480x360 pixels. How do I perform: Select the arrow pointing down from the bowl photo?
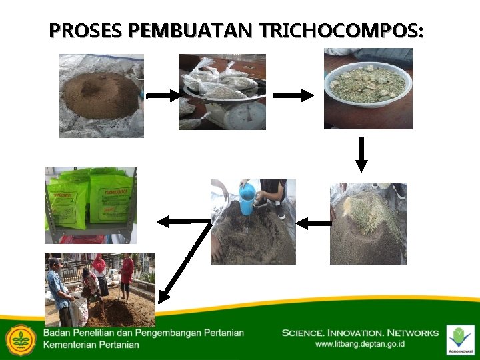361,154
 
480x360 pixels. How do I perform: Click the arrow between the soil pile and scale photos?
162,95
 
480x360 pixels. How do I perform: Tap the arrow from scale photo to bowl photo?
293,95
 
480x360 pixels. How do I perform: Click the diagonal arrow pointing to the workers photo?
183,260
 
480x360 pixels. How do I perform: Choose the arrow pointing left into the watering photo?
313,224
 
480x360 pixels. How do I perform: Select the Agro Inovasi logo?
460,339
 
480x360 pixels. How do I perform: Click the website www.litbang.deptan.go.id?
360,345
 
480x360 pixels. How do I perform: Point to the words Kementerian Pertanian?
91,345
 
